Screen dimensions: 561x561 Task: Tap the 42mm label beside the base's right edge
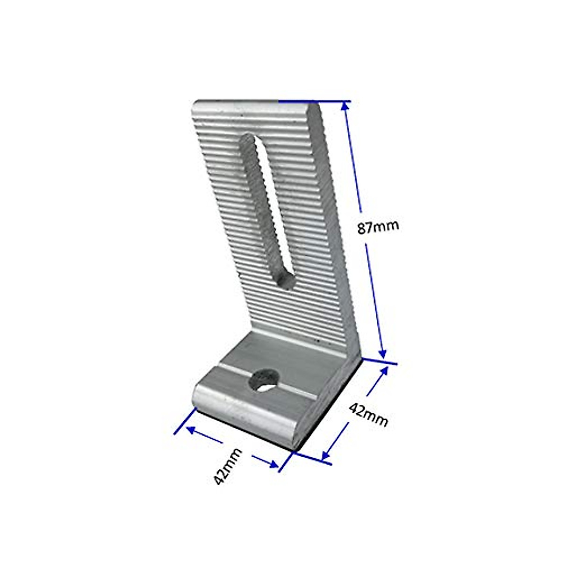(x=368, y=415)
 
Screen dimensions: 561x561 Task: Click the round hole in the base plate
(x=265, y=381)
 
